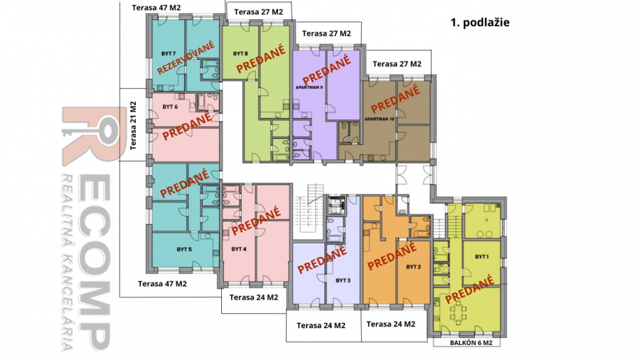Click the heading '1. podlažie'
point(480,23)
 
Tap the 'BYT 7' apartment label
point(169,53)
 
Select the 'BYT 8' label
point(240,53)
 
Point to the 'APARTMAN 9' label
point(309,88)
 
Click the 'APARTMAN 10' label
point(380,120)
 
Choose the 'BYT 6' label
point(170,107)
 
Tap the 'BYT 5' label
point(184,250)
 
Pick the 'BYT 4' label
point(239,249)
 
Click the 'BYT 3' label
point(343,280)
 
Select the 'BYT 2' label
point(413,267)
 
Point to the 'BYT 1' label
point(481,257)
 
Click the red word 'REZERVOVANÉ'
point(186,57)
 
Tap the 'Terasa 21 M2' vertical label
point(133,125)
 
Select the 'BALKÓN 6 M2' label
point(471,343)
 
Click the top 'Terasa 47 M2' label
point(156,8)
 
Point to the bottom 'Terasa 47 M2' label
point(162,284)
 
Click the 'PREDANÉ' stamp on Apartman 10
point(395,98)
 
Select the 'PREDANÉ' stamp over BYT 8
point(260,59)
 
